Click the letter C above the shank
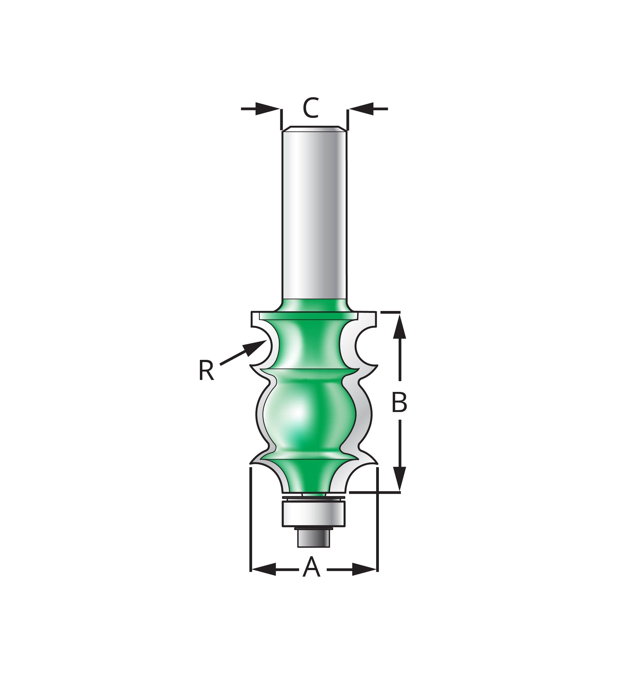pos(311,108)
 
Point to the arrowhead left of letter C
pos(267,109)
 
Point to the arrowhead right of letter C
pos(361,109)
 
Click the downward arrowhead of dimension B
pos(400,479)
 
